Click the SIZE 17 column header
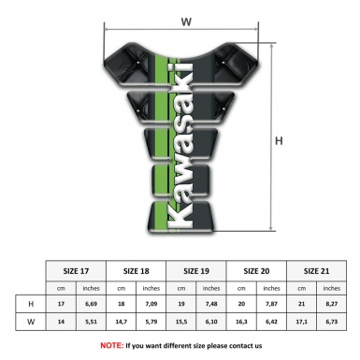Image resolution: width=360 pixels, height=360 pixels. [77, 269]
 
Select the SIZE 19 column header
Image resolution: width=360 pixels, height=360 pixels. [196, 269]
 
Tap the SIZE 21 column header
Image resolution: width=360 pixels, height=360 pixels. [316, 269]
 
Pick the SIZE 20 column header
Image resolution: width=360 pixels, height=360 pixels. [256, 269]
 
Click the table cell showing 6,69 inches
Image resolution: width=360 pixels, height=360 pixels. [92, 304]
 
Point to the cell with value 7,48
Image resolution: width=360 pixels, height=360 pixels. [211, 304]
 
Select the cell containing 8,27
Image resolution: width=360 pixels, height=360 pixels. [331, 304]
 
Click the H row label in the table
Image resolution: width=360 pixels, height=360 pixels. [32, 304]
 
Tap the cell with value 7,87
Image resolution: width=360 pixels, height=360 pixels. [271, 304]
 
